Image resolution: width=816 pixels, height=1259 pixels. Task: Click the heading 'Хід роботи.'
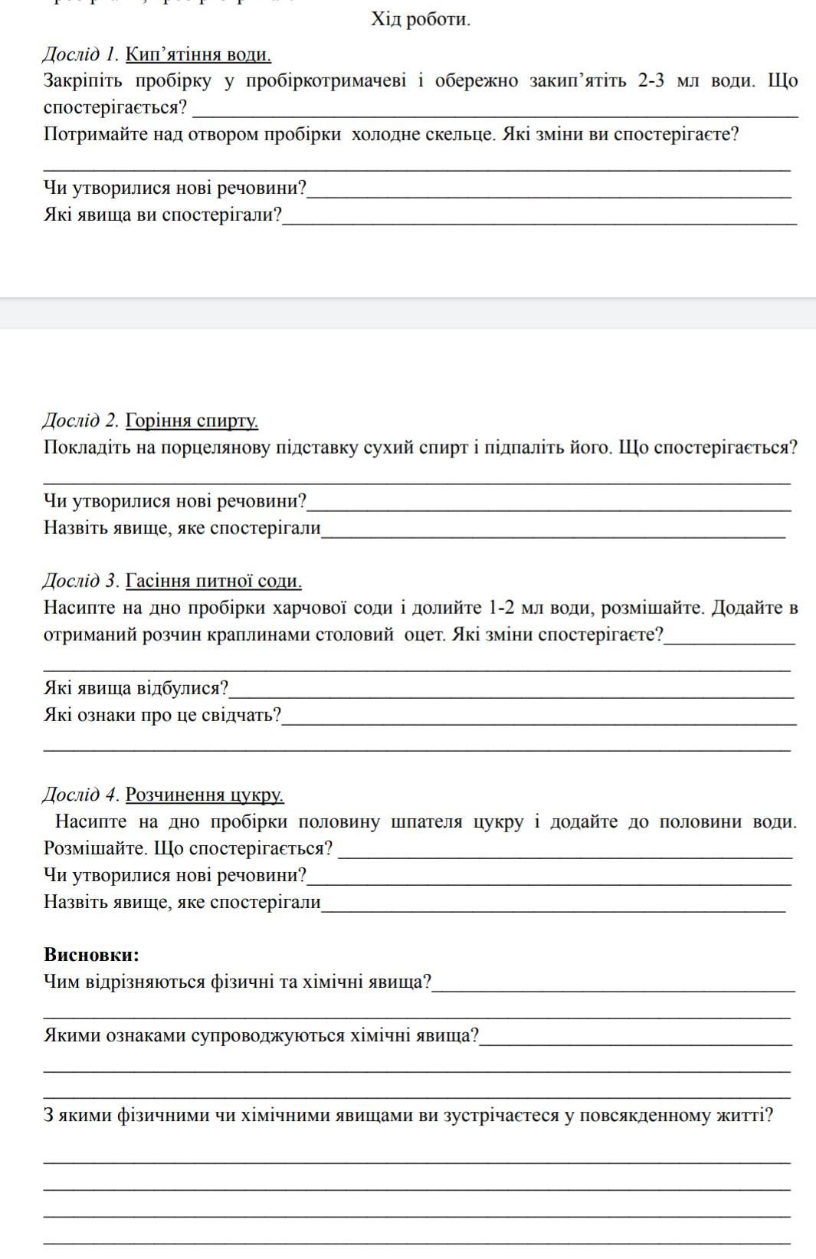coord(421,20)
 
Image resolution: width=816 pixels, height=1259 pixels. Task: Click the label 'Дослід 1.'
coord(80,54)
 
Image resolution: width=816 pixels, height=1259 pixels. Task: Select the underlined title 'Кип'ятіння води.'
coord(198,54)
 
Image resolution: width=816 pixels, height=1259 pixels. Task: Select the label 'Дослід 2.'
coord(80,421)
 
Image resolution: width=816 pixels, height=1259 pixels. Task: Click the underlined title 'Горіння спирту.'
coord(192,421)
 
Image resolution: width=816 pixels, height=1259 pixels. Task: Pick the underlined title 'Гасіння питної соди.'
coord(214,581)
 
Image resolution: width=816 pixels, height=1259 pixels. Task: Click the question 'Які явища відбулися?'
coord(136,688)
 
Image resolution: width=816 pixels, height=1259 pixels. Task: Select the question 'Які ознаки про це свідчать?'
coord(162,716)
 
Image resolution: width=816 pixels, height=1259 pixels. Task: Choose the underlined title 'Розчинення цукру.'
coord(205,795)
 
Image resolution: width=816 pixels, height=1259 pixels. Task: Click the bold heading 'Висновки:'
coord(92,955)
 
